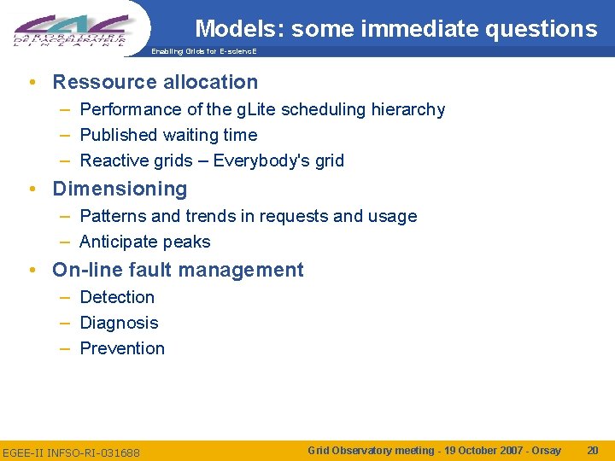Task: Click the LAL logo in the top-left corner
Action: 72,27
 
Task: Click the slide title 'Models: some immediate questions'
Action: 395,29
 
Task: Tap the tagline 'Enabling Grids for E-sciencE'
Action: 203,52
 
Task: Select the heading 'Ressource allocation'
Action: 155,82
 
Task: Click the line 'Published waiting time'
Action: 168,135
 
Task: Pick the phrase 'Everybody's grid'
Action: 278,160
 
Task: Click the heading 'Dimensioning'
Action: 120,189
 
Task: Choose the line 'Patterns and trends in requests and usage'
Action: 248,216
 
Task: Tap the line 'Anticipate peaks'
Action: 144,242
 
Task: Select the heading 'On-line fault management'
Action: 178,270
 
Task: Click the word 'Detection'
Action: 117,297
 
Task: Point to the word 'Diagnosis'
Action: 119,323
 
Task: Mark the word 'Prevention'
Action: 122,348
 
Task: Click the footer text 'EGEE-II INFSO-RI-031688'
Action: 71,452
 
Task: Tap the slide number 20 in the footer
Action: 593,450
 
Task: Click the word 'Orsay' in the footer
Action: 545,450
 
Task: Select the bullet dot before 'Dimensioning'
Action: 31,190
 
